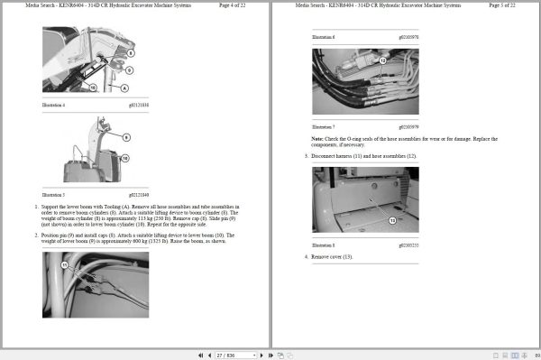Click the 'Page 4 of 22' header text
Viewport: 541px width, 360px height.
(x=237, y=5)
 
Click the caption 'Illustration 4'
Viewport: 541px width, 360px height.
(x=55, y=106)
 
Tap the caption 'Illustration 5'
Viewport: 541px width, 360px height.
(x=55, y=194)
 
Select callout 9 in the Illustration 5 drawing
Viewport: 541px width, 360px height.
(x=125, y=137)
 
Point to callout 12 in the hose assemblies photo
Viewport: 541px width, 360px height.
(x=382, y=60)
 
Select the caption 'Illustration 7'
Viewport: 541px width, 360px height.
(x=324, y=126)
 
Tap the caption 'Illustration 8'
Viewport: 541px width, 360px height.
(x=324, y=245)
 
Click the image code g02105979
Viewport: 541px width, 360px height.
(x=408, y=126)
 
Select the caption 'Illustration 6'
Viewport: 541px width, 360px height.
(x=324, y=37)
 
